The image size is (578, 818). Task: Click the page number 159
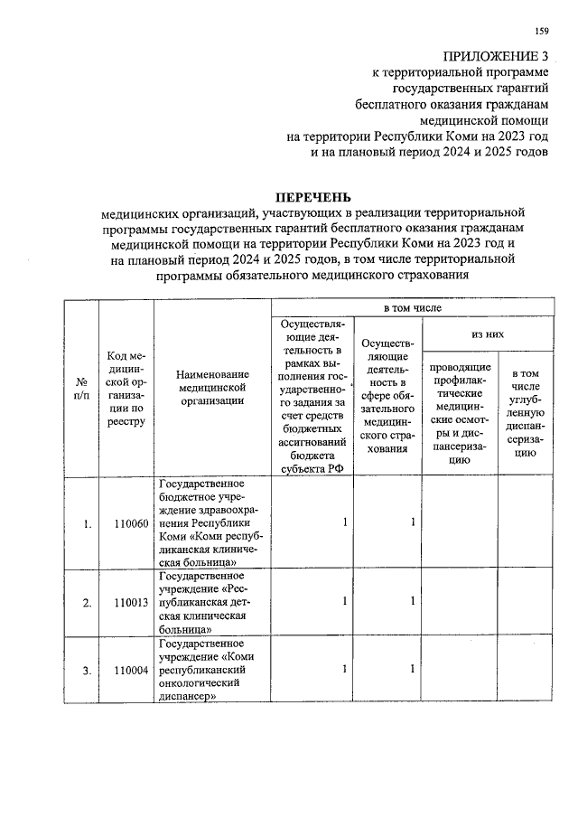click(541, 33)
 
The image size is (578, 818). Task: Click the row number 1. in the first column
click(86, 523)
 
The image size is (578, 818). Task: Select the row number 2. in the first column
click(86, 602)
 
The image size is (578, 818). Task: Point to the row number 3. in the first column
click(86, 670)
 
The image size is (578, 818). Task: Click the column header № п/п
click(81, 388)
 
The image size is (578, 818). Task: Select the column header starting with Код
click(126, 388)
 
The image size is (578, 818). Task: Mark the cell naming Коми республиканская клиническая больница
click(212, 523)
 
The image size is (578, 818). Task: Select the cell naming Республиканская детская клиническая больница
click(212, 602)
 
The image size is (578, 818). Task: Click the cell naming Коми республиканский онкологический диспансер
click(212, 670)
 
